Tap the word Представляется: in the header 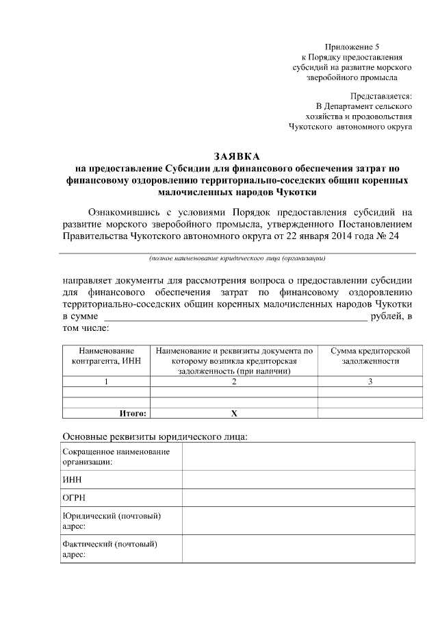tap(381, 97)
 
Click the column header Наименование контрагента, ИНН tap(106, 356)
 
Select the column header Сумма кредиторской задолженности tap(370, 356)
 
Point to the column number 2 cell tap(234, 382)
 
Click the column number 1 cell tap(106, 382)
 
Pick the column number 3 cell tap(370, 382)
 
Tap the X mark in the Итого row tap(234, 413)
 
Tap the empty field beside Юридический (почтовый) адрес tap(298, 521)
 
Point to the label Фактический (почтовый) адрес tap(110, 549)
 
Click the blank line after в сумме tap(234, 316)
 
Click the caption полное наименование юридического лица tap(237, 259)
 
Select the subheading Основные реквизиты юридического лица tap(155, 436)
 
